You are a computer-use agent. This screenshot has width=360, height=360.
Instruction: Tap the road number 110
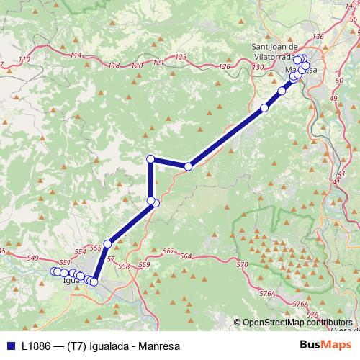tap(26, 59)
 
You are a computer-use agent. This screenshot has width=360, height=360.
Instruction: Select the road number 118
tap(113, 66)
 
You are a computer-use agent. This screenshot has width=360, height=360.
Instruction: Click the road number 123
tap(180, 57)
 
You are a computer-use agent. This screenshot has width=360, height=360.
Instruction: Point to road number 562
tap(168, 251)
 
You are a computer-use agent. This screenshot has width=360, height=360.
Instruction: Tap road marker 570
tap(241, 265)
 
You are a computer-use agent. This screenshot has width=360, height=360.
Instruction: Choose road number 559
tap(143, 265)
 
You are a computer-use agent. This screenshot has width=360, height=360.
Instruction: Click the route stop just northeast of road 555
tap(107, 243)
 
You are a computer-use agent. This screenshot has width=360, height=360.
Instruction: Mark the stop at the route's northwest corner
tap(150, 158)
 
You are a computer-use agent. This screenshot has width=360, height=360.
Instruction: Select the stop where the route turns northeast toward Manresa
tap(188, 166)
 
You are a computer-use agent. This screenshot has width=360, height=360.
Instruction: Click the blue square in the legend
tap(9, 346)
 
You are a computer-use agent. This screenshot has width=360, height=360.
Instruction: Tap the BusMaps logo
tap(320, 346)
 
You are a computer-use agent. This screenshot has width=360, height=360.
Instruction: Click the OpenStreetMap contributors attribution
tap(297, 323)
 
